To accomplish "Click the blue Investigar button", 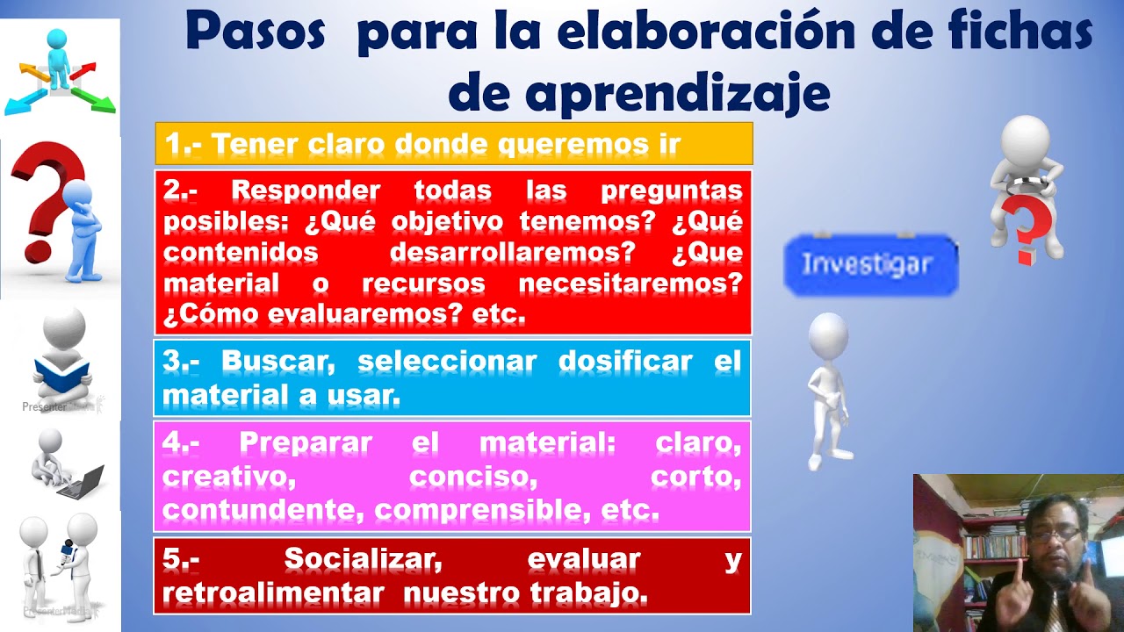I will pos(869,264).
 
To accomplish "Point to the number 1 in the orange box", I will pos(172,144).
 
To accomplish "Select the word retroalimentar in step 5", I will pos(273,593).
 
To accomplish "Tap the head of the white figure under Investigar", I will pos(827,334).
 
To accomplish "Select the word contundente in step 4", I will pos(265,509).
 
